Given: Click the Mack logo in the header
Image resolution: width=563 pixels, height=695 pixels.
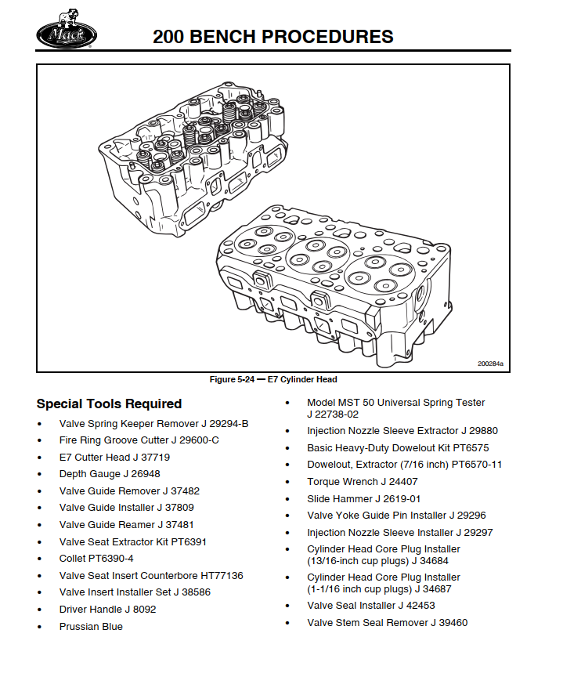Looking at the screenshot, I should pos(67,34).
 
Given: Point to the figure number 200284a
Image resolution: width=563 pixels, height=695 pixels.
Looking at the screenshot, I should pos(490,364).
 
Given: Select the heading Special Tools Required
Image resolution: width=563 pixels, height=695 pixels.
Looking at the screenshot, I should pos(109,404).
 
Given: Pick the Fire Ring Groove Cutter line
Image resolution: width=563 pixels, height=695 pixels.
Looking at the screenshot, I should pos(139,440).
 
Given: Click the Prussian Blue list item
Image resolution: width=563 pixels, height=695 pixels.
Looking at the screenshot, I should pos(91,627).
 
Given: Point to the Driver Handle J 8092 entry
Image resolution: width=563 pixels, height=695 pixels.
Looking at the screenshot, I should pos(107,610).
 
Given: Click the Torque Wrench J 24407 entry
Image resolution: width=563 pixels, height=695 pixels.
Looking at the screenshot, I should pos(362,482).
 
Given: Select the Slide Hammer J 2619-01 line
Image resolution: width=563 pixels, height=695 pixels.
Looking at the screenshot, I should pos(363,499).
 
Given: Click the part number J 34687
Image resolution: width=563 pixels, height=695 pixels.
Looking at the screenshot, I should pos(427,589).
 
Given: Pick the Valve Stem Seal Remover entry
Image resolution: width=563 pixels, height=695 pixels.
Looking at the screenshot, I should pos(387,623).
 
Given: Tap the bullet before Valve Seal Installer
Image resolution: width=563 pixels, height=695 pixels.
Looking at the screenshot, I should pos(289,606).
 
